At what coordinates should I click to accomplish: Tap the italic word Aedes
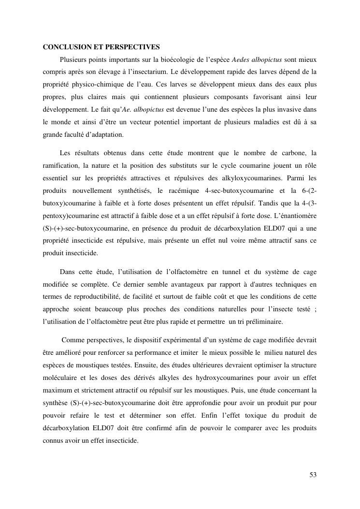coord(241,60)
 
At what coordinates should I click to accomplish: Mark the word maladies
coord(262,122)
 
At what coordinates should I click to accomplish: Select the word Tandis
coord(265,204)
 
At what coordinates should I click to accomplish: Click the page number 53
coord(313,475)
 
